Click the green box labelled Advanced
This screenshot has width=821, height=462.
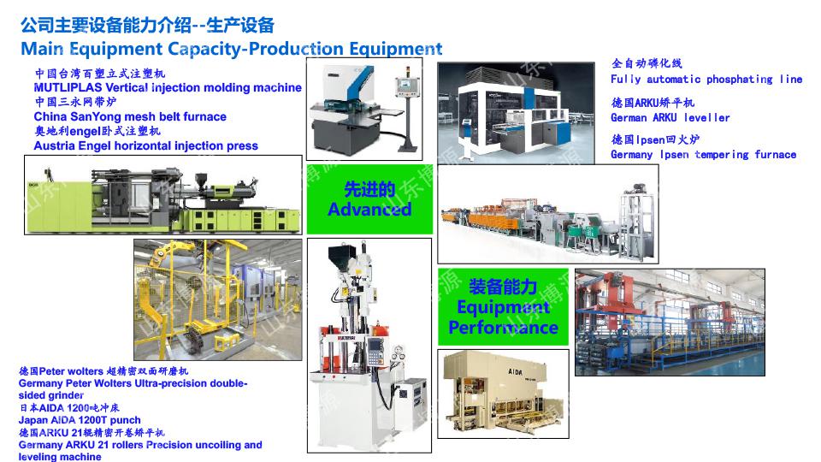[369, 199]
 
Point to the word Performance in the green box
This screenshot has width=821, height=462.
[503, 328]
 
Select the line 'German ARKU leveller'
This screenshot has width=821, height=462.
[670, 118]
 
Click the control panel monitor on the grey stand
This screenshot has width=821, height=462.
[406, 85]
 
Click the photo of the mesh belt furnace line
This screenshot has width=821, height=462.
[547, 214]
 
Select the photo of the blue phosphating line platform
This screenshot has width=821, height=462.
[670, 323]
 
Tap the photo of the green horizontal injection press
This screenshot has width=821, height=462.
[163, 195]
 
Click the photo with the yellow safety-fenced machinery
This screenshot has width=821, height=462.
[218, 299]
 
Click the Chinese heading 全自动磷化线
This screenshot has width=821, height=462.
[647, 63]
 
